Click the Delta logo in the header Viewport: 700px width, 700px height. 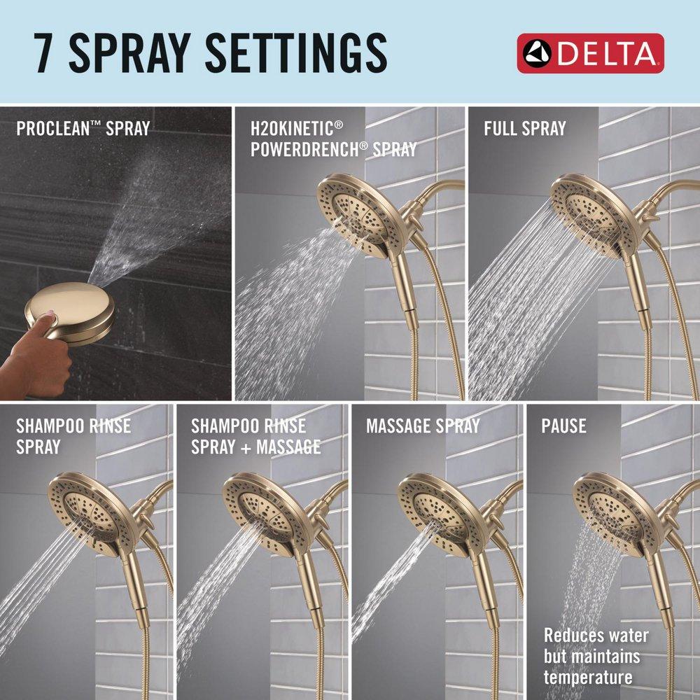point(590,53)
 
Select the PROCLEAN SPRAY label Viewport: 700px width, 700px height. point(83,129)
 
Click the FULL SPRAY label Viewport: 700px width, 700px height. point(525,129)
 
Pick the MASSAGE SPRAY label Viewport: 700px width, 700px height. point(423,426)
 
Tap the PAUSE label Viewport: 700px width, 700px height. point(563,426)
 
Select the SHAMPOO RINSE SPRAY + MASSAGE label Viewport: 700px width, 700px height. point(255,436)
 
